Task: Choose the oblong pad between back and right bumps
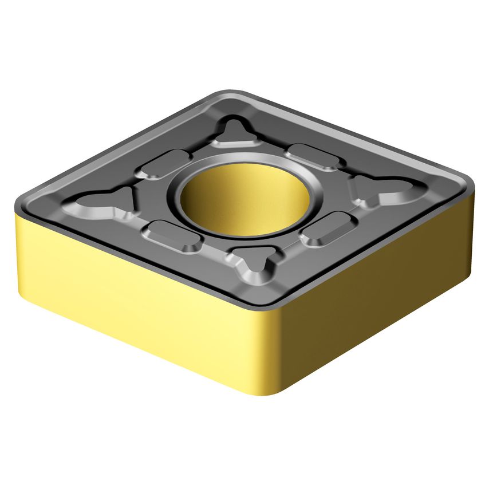point(314,156)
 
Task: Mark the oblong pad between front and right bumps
point(329,228)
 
